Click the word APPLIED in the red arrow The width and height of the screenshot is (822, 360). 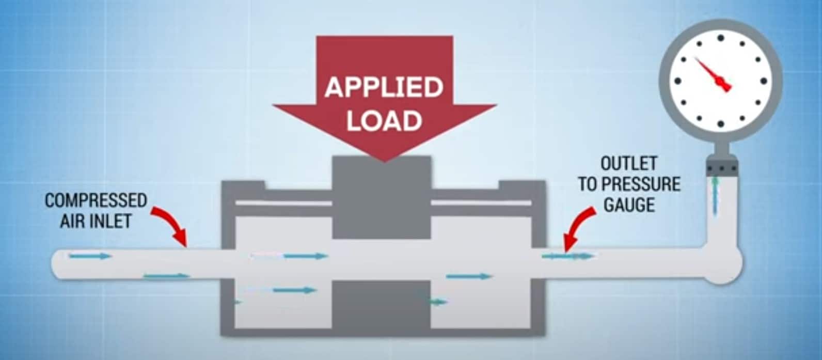[x=384, y=88]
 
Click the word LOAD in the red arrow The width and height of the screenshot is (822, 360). [x=384, y=120]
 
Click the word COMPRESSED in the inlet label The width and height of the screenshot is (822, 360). [x=96, y=200]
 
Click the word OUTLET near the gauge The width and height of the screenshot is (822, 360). [x=628, y=164]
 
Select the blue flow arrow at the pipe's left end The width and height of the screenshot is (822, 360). [x=90, y=256]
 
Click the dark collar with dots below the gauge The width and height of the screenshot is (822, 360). [x=722, y=167]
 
